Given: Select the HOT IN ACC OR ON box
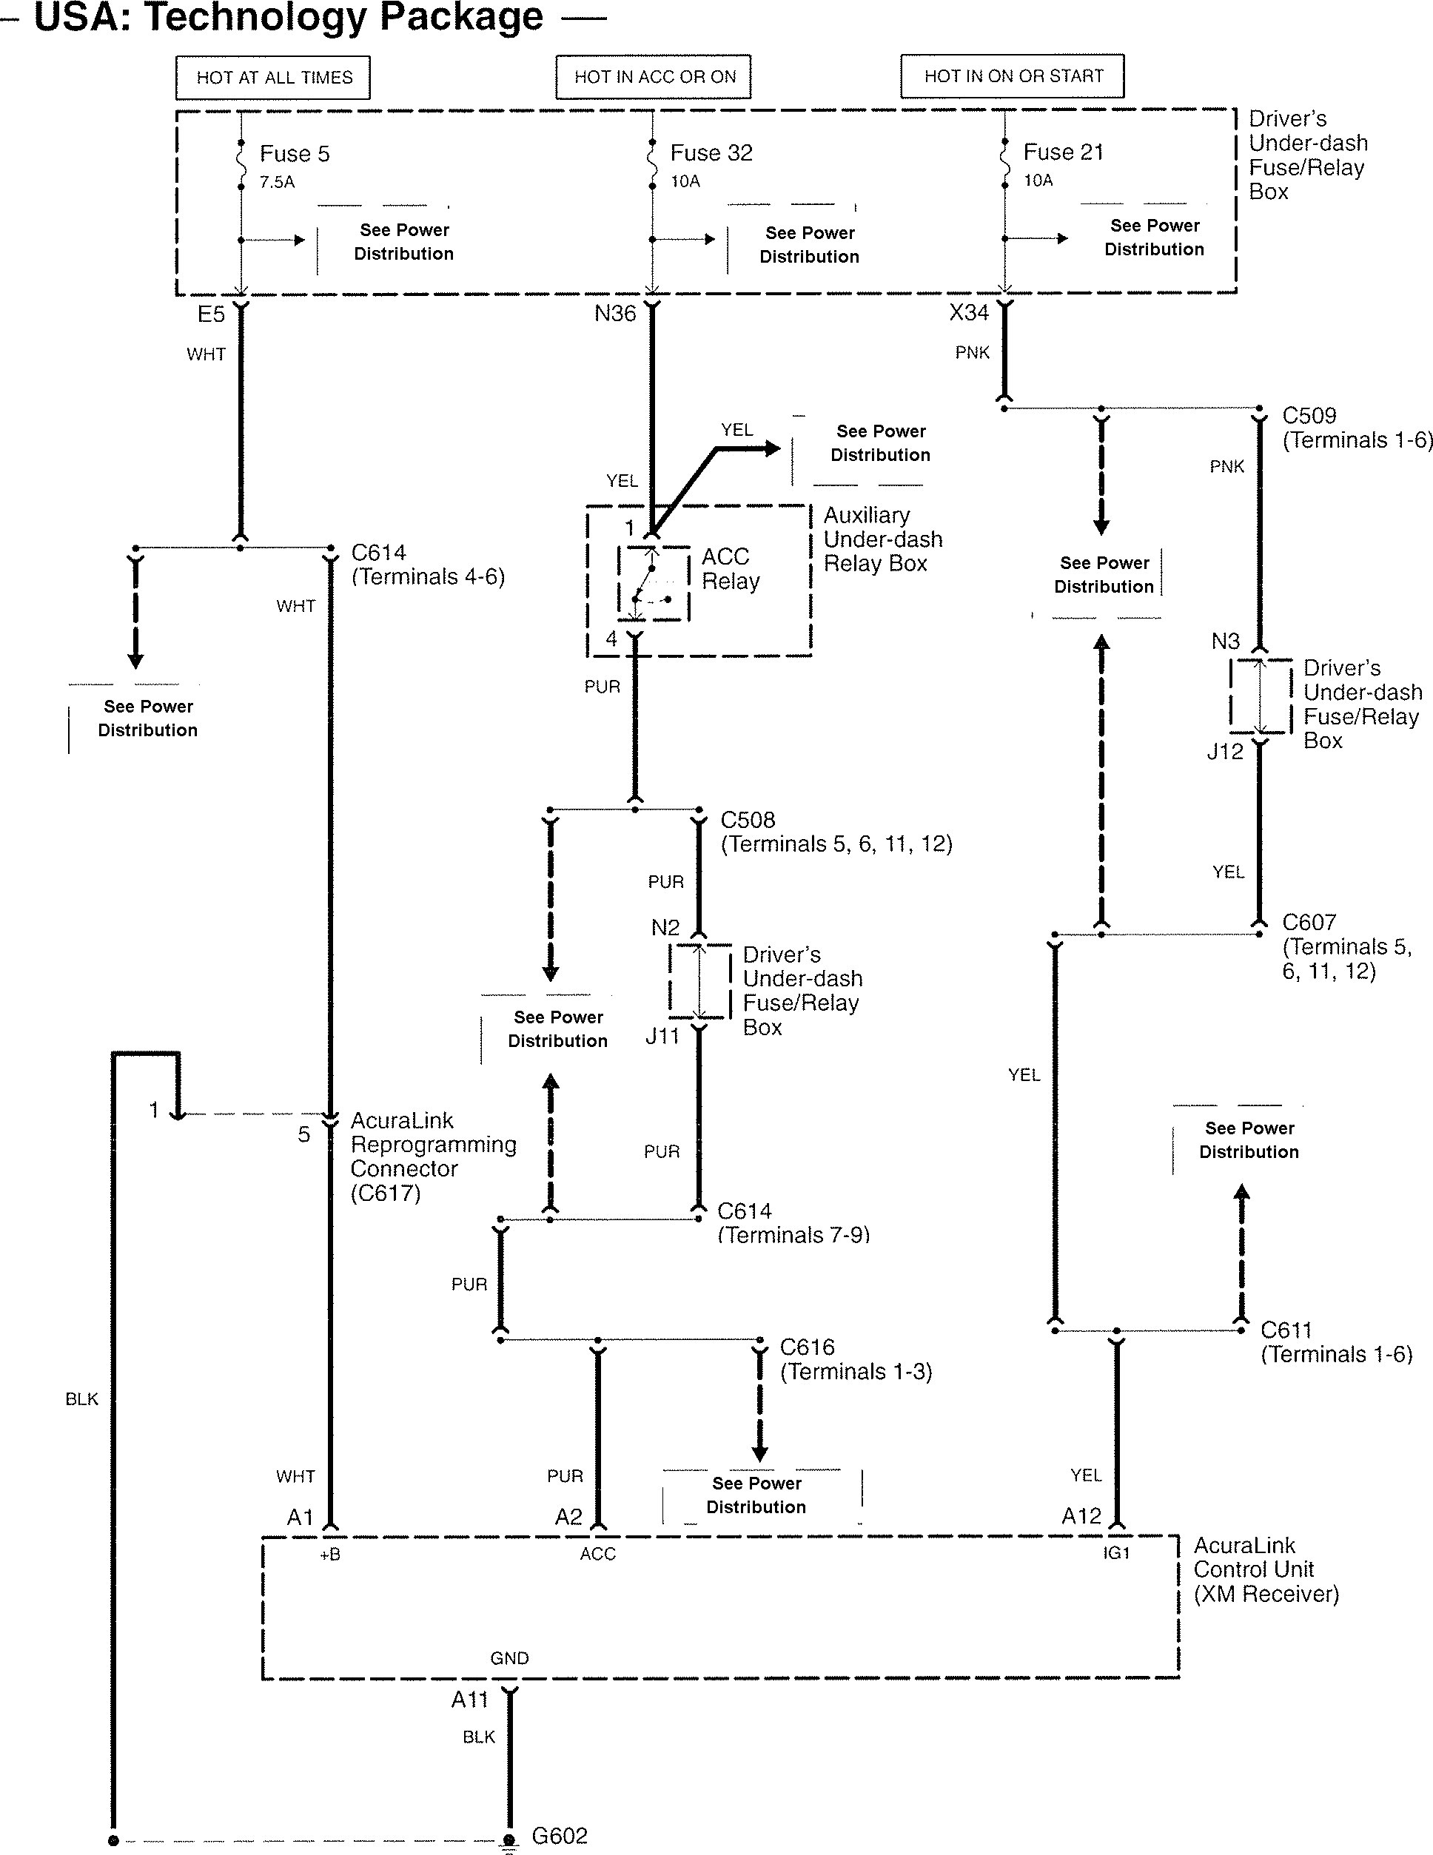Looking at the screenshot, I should [654, 77].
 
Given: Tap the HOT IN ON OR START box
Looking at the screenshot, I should [1013, 76].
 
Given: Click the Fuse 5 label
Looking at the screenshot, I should [294, 154].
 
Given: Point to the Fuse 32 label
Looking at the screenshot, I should [711, 153].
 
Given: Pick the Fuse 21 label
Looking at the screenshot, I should [1063, 152].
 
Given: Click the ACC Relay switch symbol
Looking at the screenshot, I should [652, 584].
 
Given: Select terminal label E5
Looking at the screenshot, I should [211, 314].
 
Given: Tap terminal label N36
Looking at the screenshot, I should [615, 314].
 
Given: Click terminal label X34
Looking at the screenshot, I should [969, 312].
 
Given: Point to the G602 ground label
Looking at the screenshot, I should [559, 1836].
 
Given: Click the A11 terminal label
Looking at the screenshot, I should [470, 1700].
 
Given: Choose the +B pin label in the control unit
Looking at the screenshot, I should [329, 1555].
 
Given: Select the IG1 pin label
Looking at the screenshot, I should [1116, 1552].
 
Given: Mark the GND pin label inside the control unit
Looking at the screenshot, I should [510, 1658].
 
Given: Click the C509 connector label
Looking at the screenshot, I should [1309, 415].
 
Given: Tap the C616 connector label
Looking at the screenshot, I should [807, 1347].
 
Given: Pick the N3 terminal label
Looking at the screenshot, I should [1225, 642].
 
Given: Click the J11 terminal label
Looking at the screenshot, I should [662, 1036].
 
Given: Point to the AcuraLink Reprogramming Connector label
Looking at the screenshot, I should [433, 1156].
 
